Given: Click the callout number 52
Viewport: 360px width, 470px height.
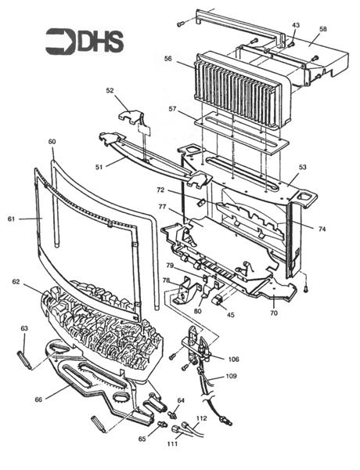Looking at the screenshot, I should click(x=110, y=90).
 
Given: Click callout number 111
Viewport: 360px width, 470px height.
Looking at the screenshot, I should click(x=171, y=444).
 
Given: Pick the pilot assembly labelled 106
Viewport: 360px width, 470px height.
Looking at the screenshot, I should click(x=195, y=345).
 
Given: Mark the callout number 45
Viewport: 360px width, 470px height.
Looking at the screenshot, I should click(x=230, y=316).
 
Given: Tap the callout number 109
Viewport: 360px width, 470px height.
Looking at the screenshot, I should click(x=231, y=377).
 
